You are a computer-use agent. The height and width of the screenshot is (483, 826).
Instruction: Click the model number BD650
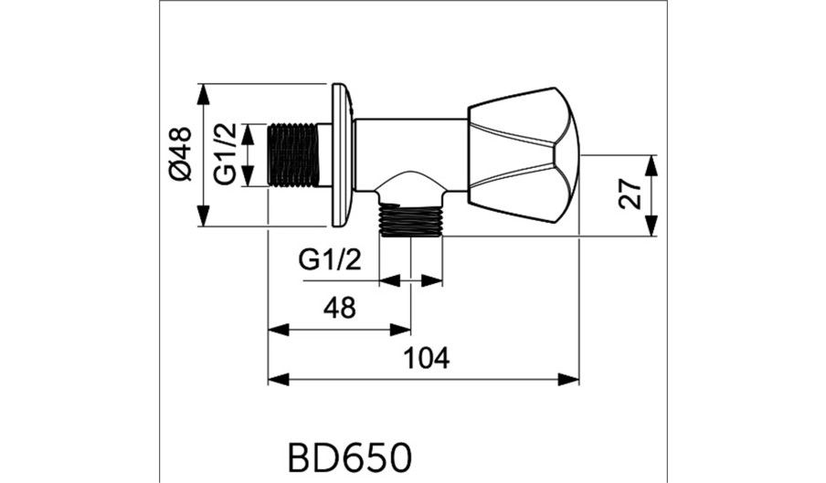tap(350, 457)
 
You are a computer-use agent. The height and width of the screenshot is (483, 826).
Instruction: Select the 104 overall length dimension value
tap(427, 358)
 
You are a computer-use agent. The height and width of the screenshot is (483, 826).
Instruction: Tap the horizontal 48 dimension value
tap(340, 308)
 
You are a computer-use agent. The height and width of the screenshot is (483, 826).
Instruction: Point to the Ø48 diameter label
tap(181, 154)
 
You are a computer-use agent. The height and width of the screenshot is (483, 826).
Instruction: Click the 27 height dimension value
tap(631, 194)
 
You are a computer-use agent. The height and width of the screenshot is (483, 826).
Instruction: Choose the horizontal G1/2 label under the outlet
tap(330, 259)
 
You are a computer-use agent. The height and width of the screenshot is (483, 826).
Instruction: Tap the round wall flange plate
tap(343, 154)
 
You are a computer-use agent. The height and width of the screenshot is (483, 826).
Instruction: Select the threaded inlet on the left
tap(294, 154)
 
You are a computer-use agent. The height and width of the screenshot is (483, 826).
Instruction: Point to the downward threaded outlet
tap(411, 220)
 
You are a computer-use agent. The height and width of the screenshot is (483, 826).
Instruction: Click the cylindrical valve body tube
tap(411, 153)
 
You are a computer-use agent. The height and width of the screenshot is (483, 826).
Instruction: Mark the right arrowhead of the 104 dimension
tap(568, 379)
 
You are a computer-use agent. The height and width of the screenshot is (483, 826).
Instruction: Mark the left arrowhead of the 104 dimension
tap(280, 379)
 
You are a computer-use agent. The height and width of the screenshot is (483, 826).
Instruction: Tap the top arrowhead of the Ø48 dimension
tap(204, 94)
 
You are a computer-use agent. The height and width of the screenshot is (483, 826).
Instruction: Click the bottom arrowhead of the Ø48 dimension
tap(204, 215)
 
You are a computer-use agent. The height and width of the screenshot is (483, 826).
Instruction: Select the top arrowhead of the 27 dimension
tap(652, 166)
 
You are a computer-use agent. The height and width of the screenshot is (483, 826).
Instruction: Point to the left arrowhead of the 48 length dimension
tap(280, 331)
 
